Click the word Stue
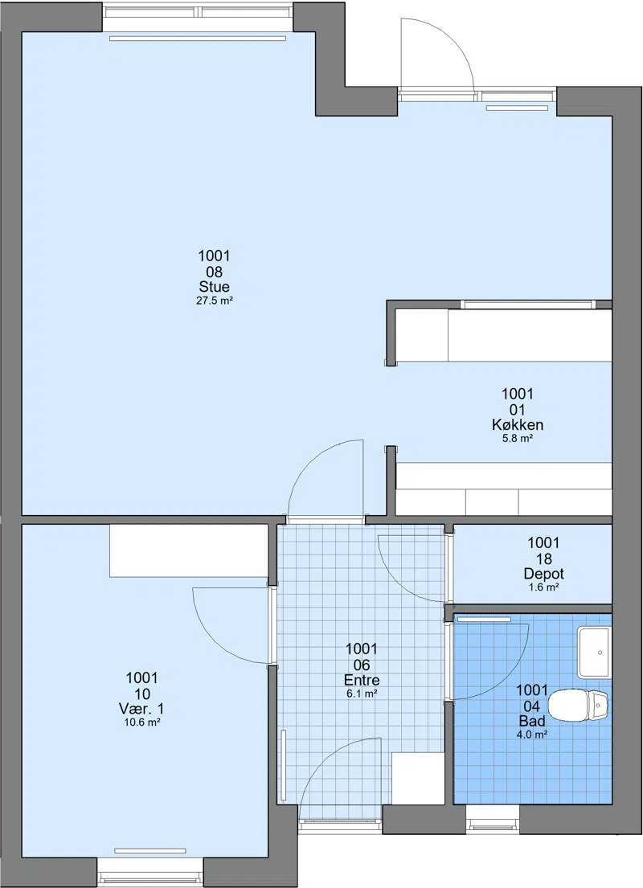(x=214, y=286)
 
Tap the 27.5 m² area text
(x=215, y=301)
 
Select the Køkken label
(x=518, y=425)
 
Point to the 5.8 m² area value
(x=518, y=438)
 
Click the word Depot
(x=544, y=574)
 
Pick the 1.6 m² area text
(x=544, y=587)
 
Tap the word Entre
(x=362, y=680)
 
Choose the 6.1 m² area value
(x=362, y=694)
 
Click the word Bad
(x=532, y=721)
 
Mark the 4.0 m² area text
(x=532, y=735)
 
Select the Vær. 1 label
(x=141, y=709)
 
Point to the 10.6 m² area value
(x=142, y=722)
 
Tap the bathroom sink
(x=594, y=652)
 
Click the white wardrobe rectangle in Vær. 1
(x=189, y=550)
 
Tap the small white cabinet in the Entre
(x=418, y=778)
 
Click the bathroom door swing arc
(x=513, y=674)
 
